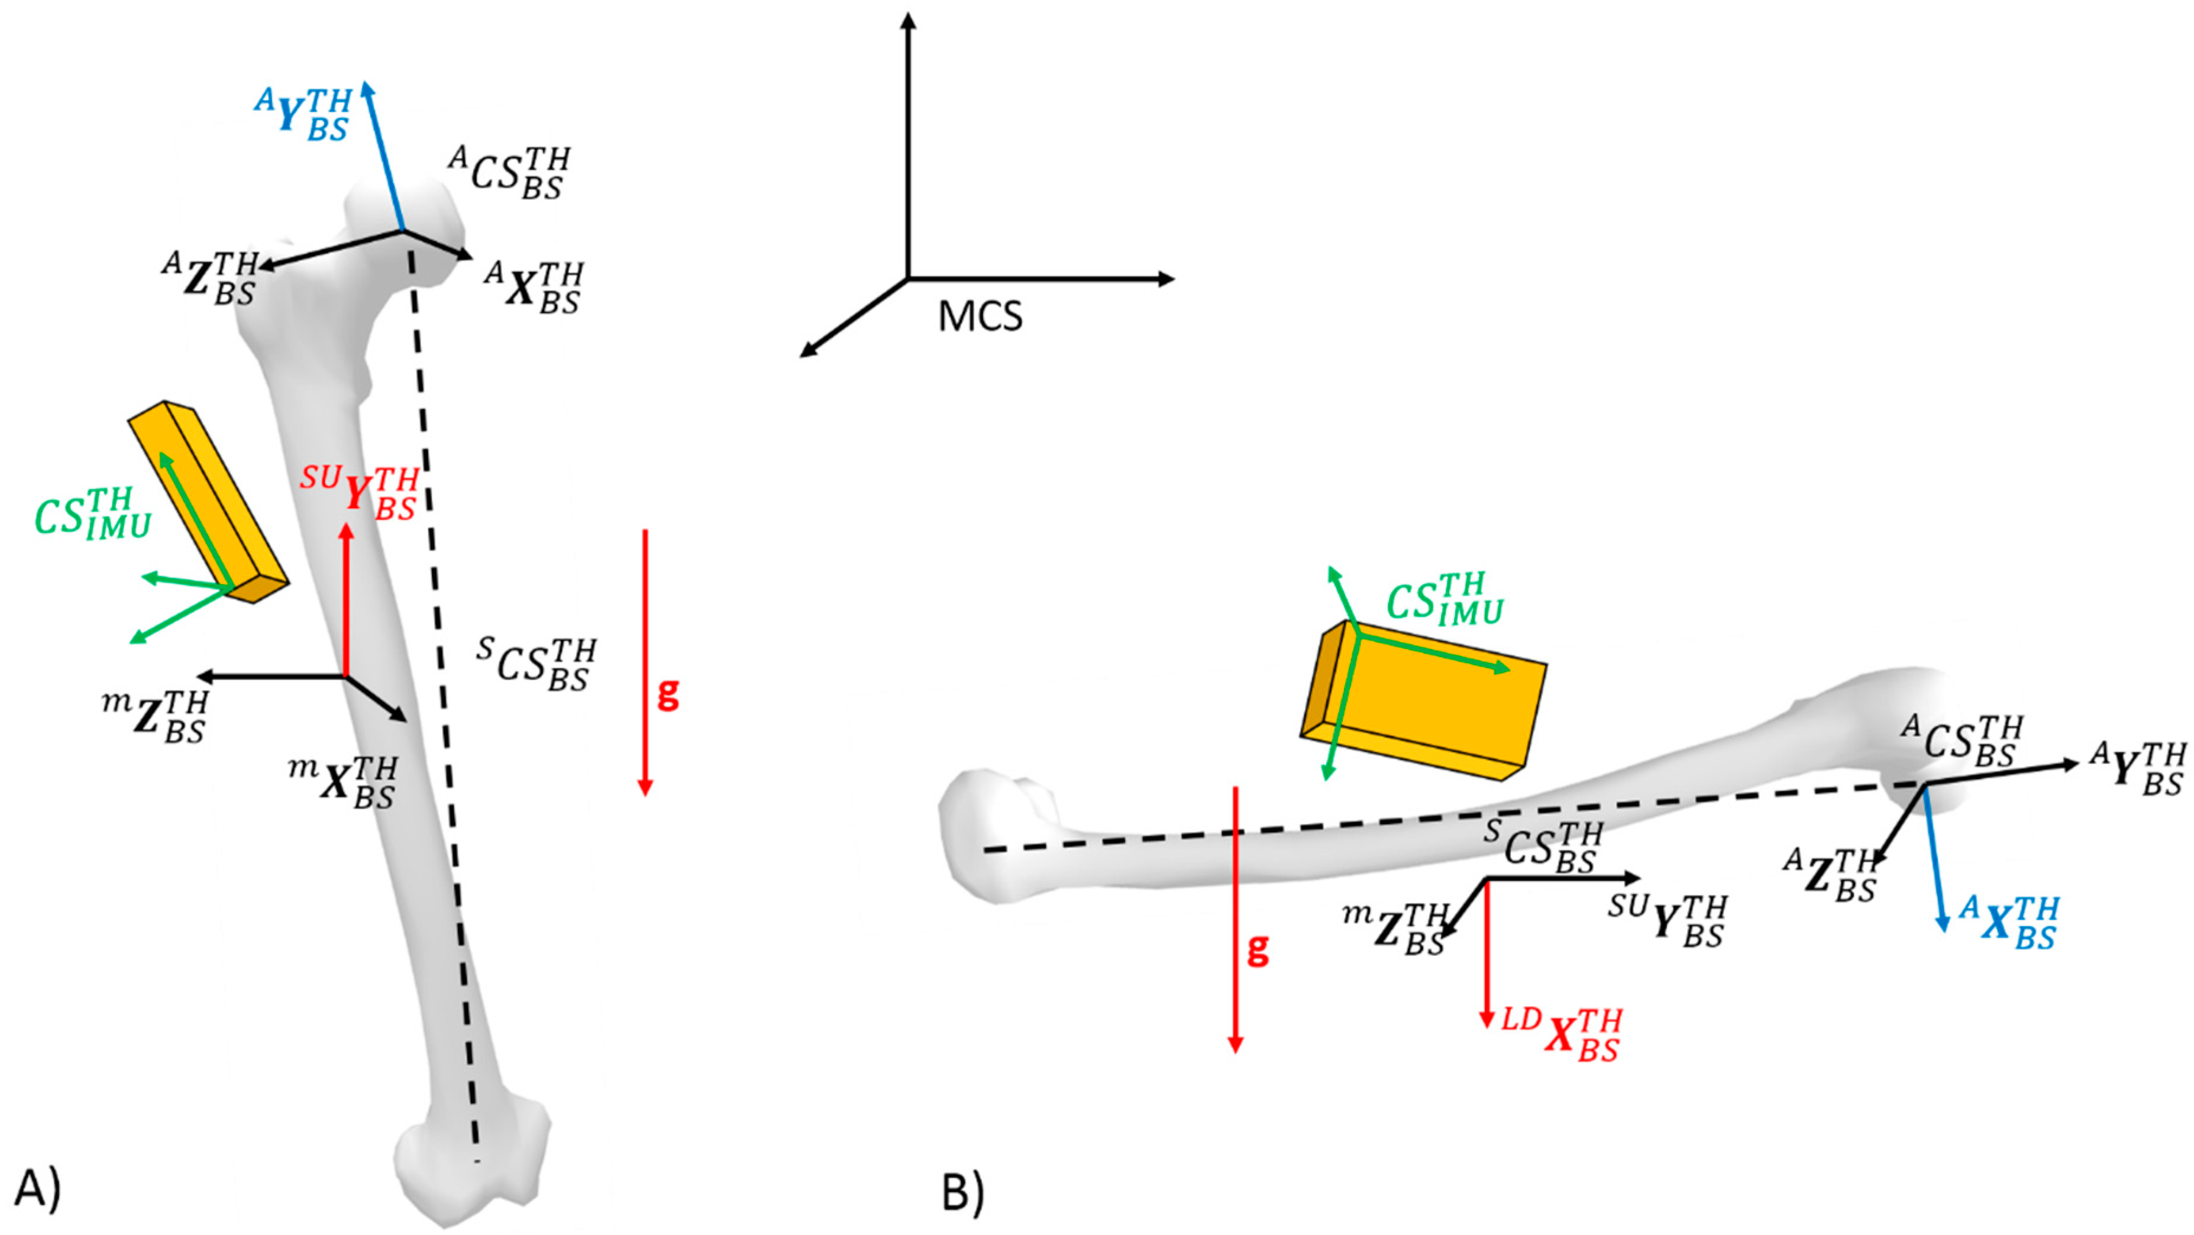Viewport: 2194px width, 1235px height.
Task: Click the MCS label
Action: tap(980, 317)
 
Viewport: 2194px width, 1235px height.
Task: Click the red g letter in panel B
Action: tap(1258, 948)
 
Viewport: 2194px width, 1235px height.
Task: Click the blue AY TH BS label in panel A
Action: tap(304, 114)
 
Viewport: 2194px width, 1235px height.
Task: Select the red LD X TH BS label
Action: tap(1561, 1034)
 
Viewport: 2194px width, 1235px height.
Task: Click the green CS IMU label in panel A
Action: tap(92, 513)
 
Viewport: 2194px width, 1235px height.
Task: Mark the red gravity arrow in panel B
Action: tap(1234, 920)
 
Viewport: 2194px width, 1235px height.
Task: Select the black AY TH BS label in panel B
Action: tap(2138, 768)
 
